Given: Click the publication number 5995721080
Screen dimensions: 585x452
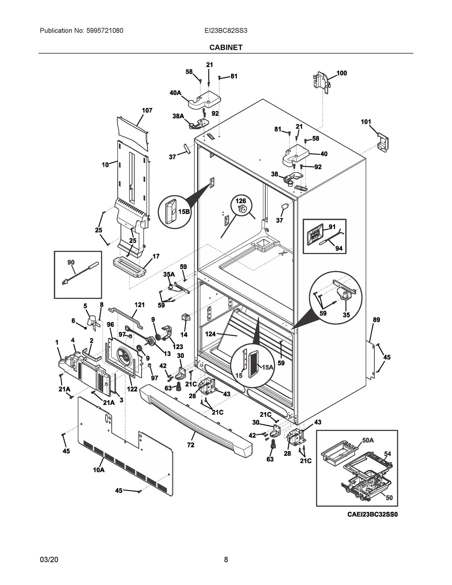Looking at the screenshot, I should [105, 31].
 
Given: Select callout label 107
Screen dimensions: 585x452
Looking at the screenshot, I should [147, 110].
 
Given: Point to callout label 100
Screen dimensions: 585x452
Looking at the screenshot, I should [342, 73].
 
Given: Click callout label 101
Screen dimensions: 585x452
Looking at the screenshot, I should [366, 122].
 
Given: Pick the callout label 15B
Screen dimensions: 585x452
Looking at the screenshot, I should [184, 212].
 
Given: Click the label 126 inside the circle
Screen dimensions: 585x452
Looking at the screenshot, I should [240, 201].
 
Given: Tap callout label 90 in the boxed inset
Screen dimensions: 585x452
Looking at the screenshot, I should [71, 263].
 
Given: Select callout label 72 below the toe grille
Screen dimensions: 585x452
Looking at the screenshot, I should [191, 445].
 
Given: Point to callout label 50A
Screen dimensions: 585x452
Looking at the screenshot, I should [368, 440].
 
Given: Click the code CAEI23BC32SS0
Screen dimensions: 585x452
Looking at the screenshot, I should [373, 514].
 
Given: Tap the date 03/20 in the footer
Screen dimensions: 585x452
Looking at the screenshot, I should [49, 560].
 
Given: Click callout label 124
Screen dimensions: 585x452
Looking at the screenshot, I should [210, 334].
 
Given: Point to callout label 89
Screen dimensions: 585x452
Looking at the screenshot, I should [376, 320].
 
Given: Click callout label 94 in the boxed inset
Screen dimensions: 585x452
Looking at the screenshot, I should [339, 248].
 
